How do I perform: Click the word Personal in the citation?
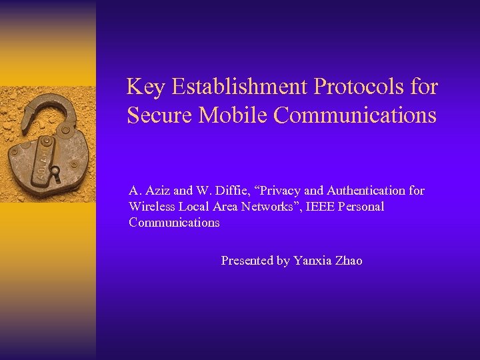point(361,207)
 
